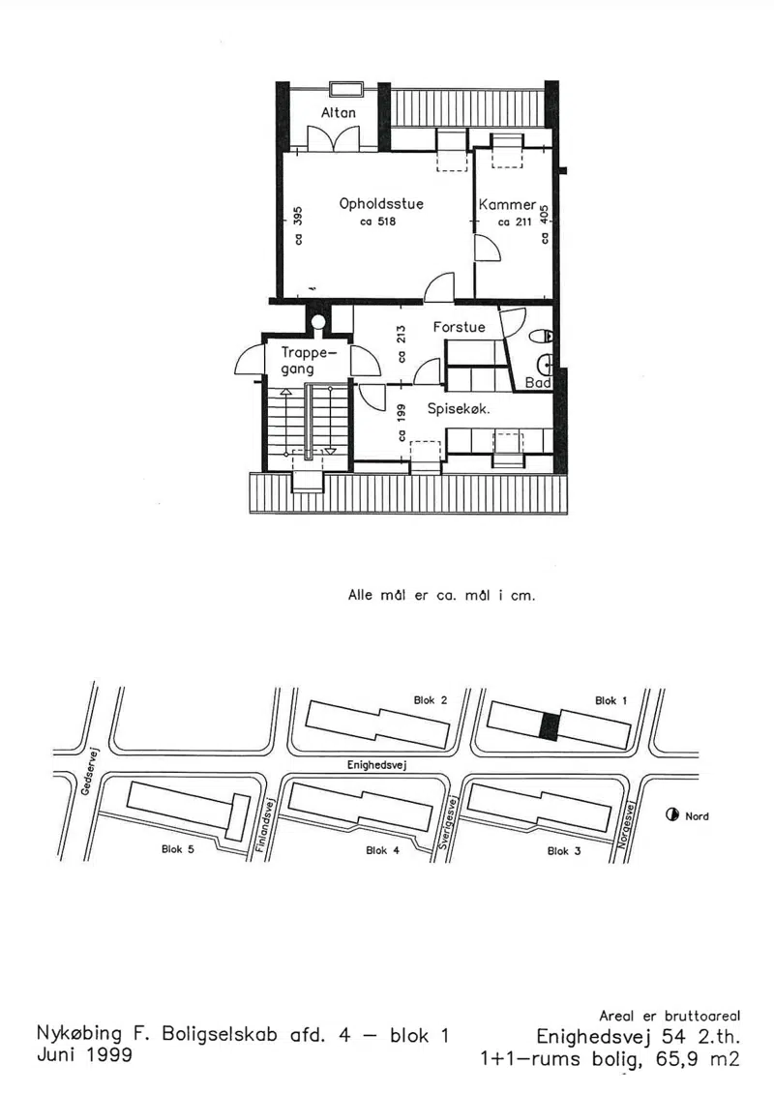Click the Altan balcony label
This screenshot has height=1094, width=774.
[x=339, y=112]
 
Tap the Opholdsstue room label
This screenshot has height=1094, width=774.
[x=381, y=204]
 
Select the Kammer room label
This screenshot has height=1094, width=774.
[x=507, y=204]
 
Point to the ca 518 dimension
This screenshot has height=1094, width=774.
[x=377, y=222]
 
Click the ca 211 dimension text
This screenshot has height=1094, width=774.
[x=515, y=222]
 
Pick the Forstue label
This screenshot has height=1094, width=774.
[x=460, y=327]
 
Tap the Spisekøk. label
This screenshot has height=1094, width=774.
[x=459, y=409]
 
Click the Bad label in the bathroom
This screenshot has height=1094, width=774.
[x=538, y=382]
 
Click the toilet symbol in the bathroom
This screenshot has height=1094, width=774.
[x=541, y=337]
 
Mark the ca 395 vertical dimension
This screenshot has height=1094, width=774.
[x=298, y=225]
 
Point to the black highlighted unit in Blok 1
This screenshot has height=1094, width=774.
[x=550, y=726]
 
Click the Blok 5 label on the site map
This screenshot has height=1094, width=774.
[x=178, y=849]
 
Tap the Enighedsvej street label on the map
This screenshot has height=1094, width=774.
[x=377, y=765]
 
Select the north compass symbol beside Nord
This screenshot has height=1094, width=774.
[x=672, y=814]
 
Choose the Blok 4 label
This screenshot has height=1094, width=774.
[x=382, y=850]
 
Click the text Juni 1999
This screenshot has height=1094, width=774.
[x=84, y=1054]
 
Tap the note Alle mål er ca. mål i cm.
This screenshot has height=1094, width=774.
[x=442, y=595]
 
